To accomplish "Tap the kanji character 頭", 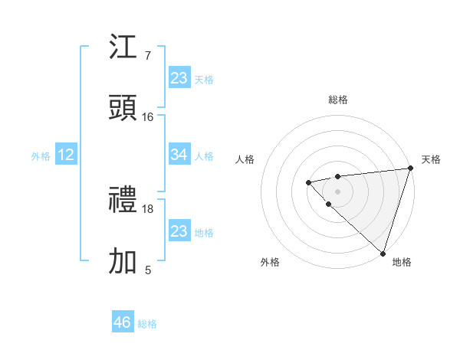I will (x=123, y=109).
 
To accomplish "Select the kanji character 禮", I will (x=123, y=201).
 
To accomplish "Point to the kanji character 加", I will (x=123, y=262).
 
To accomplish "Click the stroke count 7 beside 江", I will (x=147, y=55).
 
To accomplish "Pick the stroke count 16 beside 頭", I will (x=148, y=116).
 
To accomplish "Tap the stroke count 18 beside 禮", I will (x=148, y=208).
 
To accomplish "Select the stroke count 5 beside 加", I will (x=147, y=270).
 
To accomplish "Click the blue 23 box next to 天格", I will (x=179, y=78).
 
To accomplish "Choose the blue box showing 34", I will (x=179, y=155).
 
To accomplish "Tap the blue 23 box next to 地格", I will (x=179, y=231).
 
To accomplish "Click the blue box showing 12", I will (x=66, y=155).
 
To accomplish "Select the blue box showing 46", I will (x=123, y=322).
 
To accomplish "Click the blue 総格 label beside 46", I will (x=147, y=324).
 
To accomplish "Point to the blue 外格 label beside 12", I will (x=41, y=156).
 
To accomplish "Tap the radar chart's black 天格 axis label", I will (x=431, y=159).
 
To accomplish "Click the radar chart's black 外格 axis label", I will (x=270, y=262).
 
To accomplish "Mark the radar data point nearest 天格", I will (x=410, y=169).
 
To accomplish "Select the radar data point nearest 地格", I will (x=383, y=253).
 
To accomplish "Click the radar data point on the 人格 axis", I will (x=308, y=182).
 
